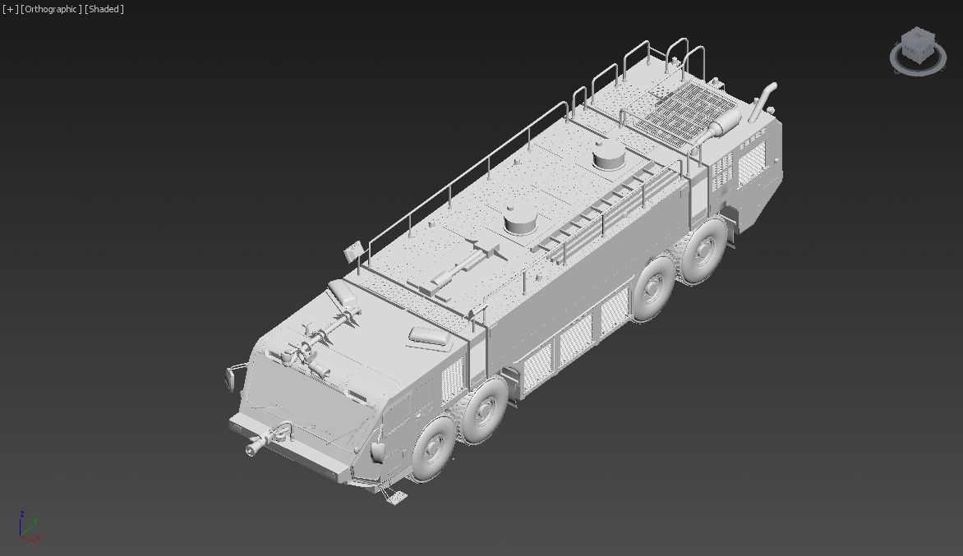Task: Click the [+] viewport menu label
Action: [10, 9]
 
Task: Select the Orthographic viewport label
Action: [51, 9]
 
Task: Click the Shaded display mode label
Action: [104, 9]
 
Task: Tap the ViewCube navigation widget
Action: [916, 49]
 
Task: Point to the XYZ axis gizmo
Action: [27, 526]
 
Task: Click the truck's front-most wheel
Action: [431, 450]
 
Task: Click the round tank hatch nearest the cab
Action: [521, 218]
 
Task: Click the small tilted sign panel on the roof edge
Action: [353, 250]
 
